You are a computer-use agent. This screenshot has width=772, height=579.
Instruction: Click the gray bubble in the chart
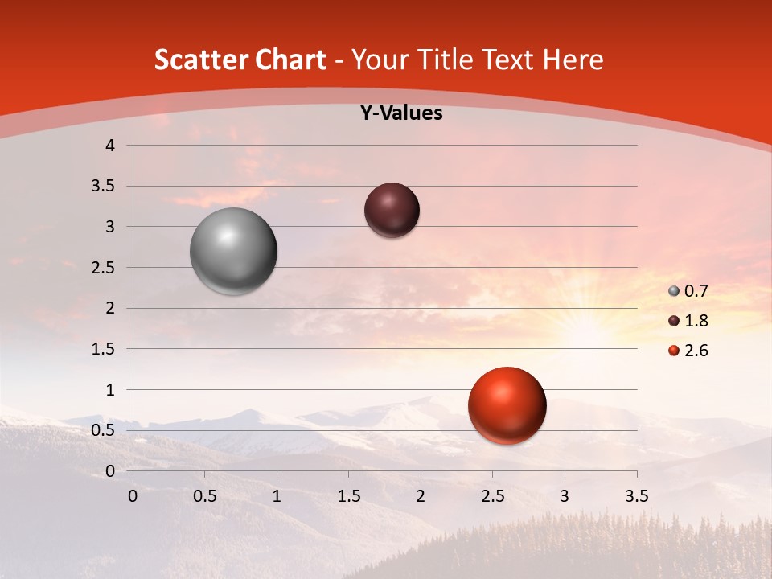pos(233,251)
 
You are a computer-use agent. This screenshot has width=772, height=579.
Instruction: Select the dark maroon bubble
pos(392,210)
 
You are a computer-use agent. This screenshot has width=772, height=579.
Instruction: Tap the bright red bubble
pos(507,405)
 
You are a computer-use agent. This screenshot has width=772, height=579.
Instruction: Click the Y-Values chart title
pos(400,113)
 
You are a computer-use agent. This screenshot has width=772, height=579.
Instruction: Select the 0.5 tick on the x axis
pos(205,495)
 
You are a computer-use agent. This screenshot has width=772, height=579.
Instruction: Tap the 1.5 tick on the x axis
pos(348,495)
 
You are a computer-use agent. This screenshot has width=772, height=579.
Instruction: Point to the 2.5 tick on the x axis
pos(492,495)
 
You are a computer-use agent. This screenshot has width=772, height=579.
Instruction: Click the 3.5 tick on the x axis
pos(636,495)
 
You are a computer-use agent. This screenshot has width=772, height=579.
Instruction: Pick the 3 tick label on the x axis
pos(564,495)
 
